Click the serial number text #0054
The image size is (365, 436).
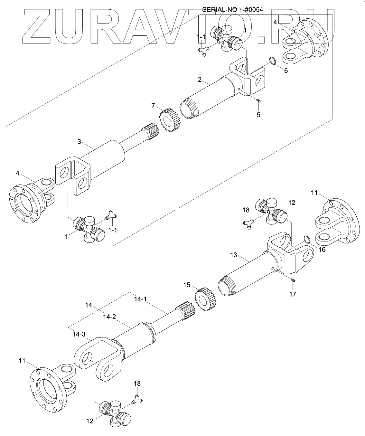253,9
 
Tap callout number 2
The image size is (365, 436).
200,79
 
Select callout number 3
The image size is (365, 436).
80,141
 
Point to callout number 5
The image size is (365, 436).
258,114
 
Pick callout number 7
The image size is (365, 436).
154,105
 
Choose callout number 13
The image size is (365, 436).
233,255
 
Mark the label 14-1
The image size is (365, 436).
140,299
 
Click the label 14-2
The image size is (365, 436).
109,317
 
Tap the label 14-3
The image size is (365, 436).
79,334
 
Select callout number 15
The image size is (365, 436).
187,285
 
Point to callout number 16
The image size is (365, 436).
322,249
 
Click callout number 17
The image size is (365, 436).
293,294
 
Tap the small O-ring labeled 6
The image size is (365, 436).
273,61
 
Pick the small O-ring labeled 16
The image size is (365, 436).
307,239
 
